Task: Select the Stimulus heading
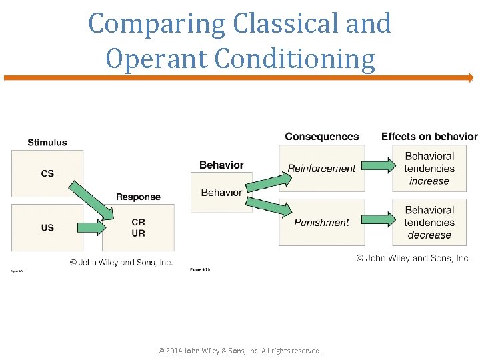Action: click(x=47, y=142)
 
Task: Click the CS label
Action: click(x=47, y=173)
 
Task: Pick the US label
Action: click(x=47, y=228)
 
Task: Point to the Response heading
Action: click(x=138, y=197)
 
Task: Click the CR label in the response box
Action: click(x=138, y=222)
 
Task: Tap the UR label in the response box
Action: click(x=138, y=233)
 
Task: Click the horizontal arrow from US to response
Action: click(x=92, y=228)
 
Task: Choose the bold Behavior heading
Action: click(x=221, y=165)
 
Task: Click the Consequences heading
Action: click(x=321, y=137)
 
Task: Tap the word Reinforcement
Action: click(x=321, y=169)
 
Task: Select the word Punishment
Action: click(x=321, y=223)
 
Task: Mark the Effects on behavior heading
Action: click(x=429, y=137)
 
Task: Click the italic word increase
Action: click(x=429, y=181)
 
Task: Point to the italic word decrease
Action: click(x=429, y=235)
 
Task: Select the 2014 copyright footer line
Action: click(x=239, y=351)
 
